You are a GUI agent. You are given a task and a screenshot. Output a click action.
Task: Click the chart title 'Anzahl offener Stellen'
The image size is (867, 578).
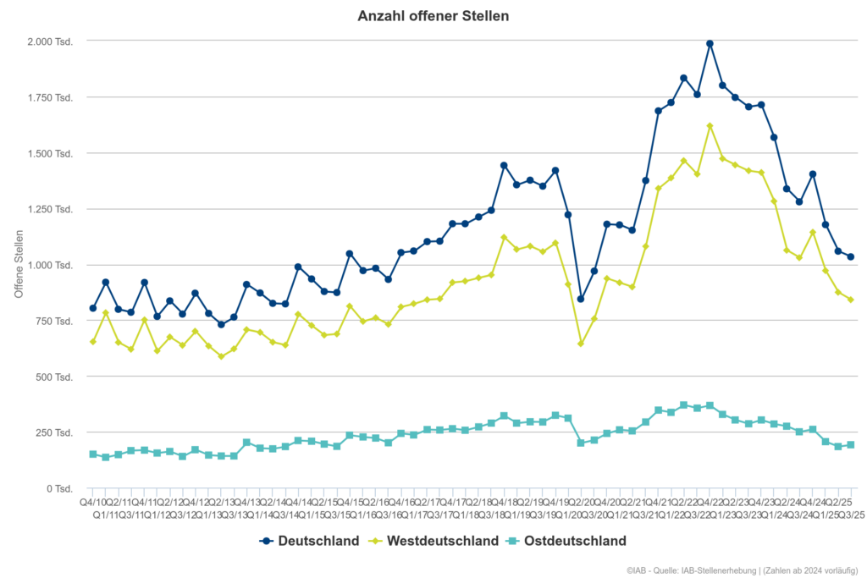[x=433, y=16]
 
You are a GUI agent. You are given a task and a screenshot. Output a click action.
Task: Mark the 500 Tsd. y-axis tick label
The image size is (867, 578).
[x=56, y=377]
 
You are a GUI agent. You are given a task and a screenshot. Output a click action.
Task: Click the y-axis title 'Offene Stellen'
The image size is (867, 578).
[x=19, y=265]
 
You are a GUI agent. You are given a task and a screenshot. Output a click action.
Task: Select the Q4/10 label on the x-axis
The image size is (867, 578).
[x=93, y=502]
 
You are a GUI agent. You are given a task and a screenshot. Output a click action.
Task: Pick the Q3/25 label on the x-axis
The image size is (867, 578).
[x=850, y=514]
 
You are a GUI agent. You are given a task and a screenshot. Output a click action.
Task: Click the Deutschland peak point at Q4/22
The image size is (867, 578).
[x=710, y=44]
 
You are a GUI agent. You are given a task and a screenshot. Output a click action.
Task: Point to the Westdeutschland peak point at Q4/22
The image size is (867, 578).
[x=710, y=126]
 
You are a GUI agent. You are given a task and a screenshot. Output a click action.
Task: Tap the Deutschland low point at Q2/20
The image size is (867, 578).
[x=581, y=299]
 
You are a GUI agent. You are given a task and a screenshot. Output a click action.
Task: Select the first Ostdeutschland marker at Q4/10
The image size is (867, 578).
[x=93, y=454]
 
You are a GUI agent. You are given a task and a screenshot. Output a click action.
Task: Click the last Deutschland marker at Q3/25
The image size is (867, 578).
[x=851, y=257]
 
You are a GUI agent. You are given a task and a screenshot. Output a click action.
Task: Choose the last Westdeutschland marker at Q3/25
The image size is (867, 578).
[x=851, y=300]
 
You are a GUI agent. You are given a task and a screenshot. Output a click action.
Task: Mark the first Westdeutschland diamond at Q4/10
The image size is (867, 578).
[x=93, y=342]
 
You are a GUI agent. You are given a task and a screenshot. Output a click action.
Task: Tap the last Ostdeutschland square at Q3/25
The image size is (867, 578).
[x=851, y=445]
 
